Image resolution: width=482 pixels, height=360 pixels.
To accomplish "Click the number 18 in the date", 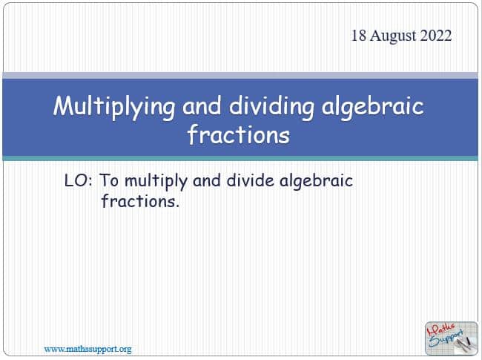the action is tap(358, 36).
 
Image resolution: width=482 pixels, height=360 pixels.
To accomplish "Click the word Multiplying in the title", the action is tap(114, 107).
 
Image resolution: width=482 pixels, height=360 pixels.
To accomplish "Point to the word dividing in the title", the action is tap(271, 107).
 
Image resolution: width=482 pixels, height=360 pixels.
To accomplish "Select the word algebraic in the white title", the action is tap(373, 107).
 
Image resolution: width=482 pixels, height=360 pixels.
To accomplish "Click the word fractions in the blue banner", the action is tap(239, 135).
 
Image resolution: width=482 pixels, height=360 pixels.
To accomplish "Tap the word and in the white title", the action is tap(202, 106).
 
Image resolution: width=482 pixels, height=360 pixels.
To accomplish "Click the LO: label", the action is tap(78, 180).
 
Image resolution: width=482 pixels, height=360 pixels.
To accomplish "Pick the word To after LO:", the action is tap(109, 180).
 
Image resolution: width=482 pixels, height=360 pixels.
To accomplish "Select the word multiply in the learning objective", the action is tap(156, 182).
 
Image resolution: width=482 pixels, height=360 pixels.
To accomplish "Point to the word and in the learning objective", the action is tap(207, 180).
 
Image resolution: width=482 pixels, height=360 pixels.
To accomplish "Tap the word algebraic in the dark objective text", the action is tap(316, 182).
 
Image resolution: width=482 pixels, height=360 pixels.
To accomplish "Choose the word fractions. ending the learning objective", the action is tap(140, 201).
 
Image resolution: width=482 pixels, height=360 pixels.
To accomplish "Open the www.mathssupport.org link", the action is tap(88, 350).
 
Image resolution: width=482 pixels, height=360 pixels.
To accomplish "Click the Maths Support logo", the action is tap(452, 338).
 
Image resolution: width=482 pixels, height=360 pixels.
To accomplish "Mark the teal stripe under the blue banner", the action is tap(240, 158).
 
